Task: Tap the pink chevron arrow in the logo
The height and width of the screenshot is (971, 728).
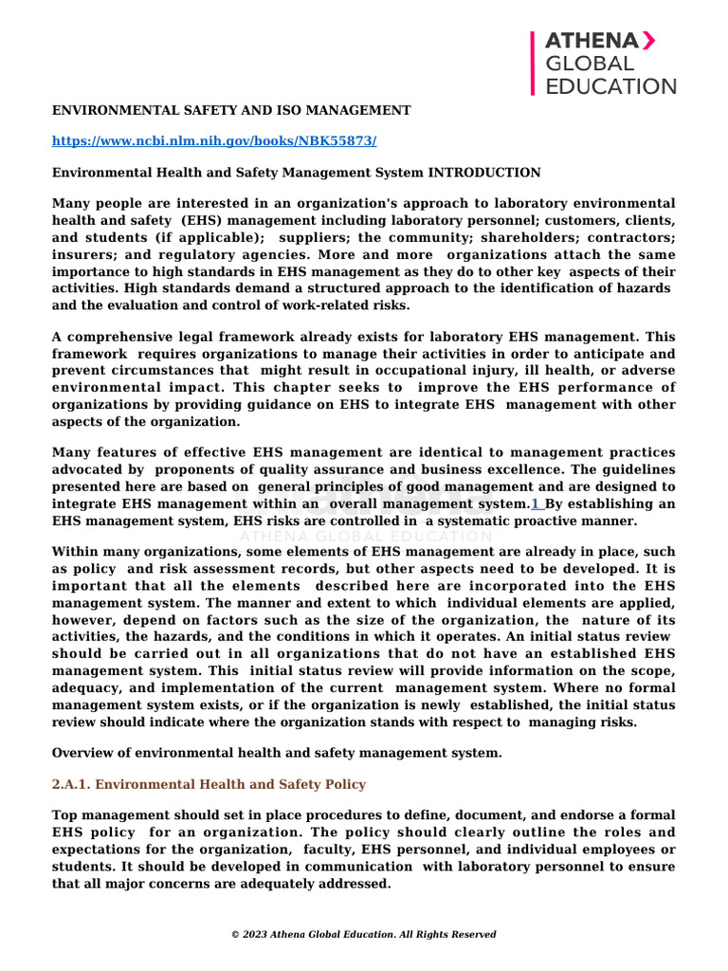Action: (x=649, y=40)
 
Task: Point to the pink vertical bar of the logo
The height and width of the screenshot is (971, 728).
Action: (x=533, y=63)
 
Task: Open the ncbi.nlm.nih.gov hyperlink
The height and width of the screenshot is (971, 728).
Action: (x=213, y=140)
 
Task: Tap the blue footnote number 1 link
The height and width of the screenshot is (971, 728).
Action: (x=536, y=504)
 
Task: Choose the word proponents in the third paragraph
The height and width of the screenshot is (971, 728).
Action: (x=195, y=469)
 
